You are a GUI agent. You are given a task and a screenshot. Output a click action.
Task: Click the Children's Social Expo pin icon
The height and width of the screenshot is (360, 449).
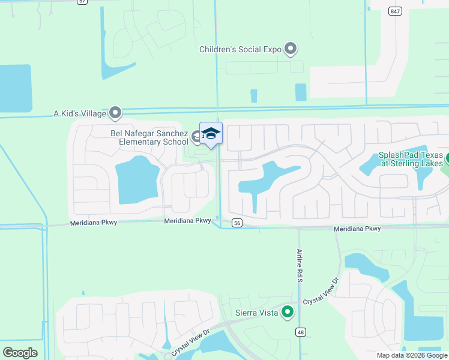point(291,48)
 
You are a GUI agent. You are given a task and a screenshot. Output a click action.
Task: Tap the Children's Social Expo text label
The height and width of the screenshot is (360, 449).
point(240,50)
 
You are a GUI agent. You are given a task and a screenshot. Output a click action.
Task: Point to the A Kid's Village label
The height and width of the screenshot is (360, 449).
point(79,113)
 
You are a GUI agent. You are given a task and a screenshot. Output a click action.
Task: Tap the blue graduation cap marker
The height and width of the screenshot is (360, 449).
point(211,133)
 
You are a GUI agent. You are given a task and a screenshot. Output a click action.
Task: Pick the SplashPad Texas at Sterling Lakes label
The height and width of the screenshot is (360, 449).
point(411,159)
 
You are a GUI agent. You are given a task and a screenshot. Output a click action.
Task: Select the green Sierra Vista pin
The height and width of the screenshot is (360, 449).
point(288,311)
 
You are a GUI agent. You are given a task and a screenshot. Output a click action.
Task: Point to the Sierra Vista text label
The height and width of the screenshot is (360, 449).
point(256,313)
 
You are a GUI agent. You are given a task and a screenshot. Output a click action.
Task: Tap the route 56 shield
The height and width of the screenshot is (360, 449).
point(238,223)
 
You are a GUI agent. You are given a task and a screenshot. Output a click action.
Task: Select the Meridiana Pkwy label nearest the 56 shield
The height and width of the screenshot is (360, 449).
point(188,221)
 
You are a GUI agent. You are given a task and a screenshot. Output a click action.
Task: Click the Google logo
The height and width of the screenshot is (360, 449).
point(20,353)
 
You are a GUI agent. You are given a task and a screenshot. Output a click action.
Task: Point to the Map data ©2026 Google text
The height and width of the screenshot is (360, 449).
point(412,355)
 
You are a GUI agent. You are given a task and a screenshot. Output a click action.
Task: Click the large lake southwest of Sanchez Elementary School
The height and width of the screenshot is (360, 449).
point(136,179)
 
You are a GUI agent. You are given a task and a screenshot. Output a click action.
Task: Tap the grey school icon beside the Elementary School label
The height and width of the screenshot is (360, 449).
point(196,137)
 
